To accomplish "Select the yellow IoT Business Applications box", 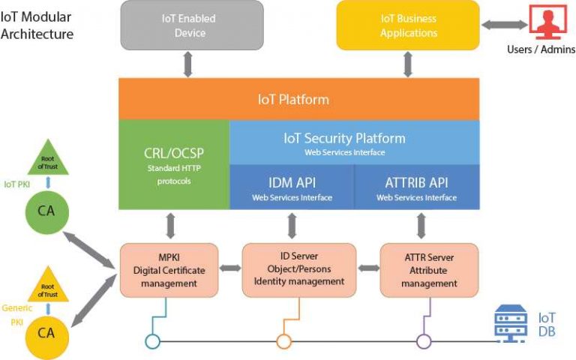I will pos(408,25).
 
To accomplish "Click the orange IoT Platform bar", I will pos(298,99).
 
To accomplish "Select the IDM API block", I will pos(291,187).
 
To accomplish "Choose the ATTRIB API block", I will pos(416,187).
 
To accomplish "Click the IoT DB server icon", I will pos(511,323).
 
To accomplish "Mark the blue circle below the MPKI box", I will pos(152,341).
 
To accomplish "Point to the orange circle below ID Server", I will pos(283,341).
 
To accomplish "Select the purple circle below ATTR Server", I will pos(424,341).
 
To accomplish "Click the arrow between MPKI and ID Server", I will pos(229,267).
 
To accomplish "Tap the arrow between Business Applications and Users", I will pos(503,25).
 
